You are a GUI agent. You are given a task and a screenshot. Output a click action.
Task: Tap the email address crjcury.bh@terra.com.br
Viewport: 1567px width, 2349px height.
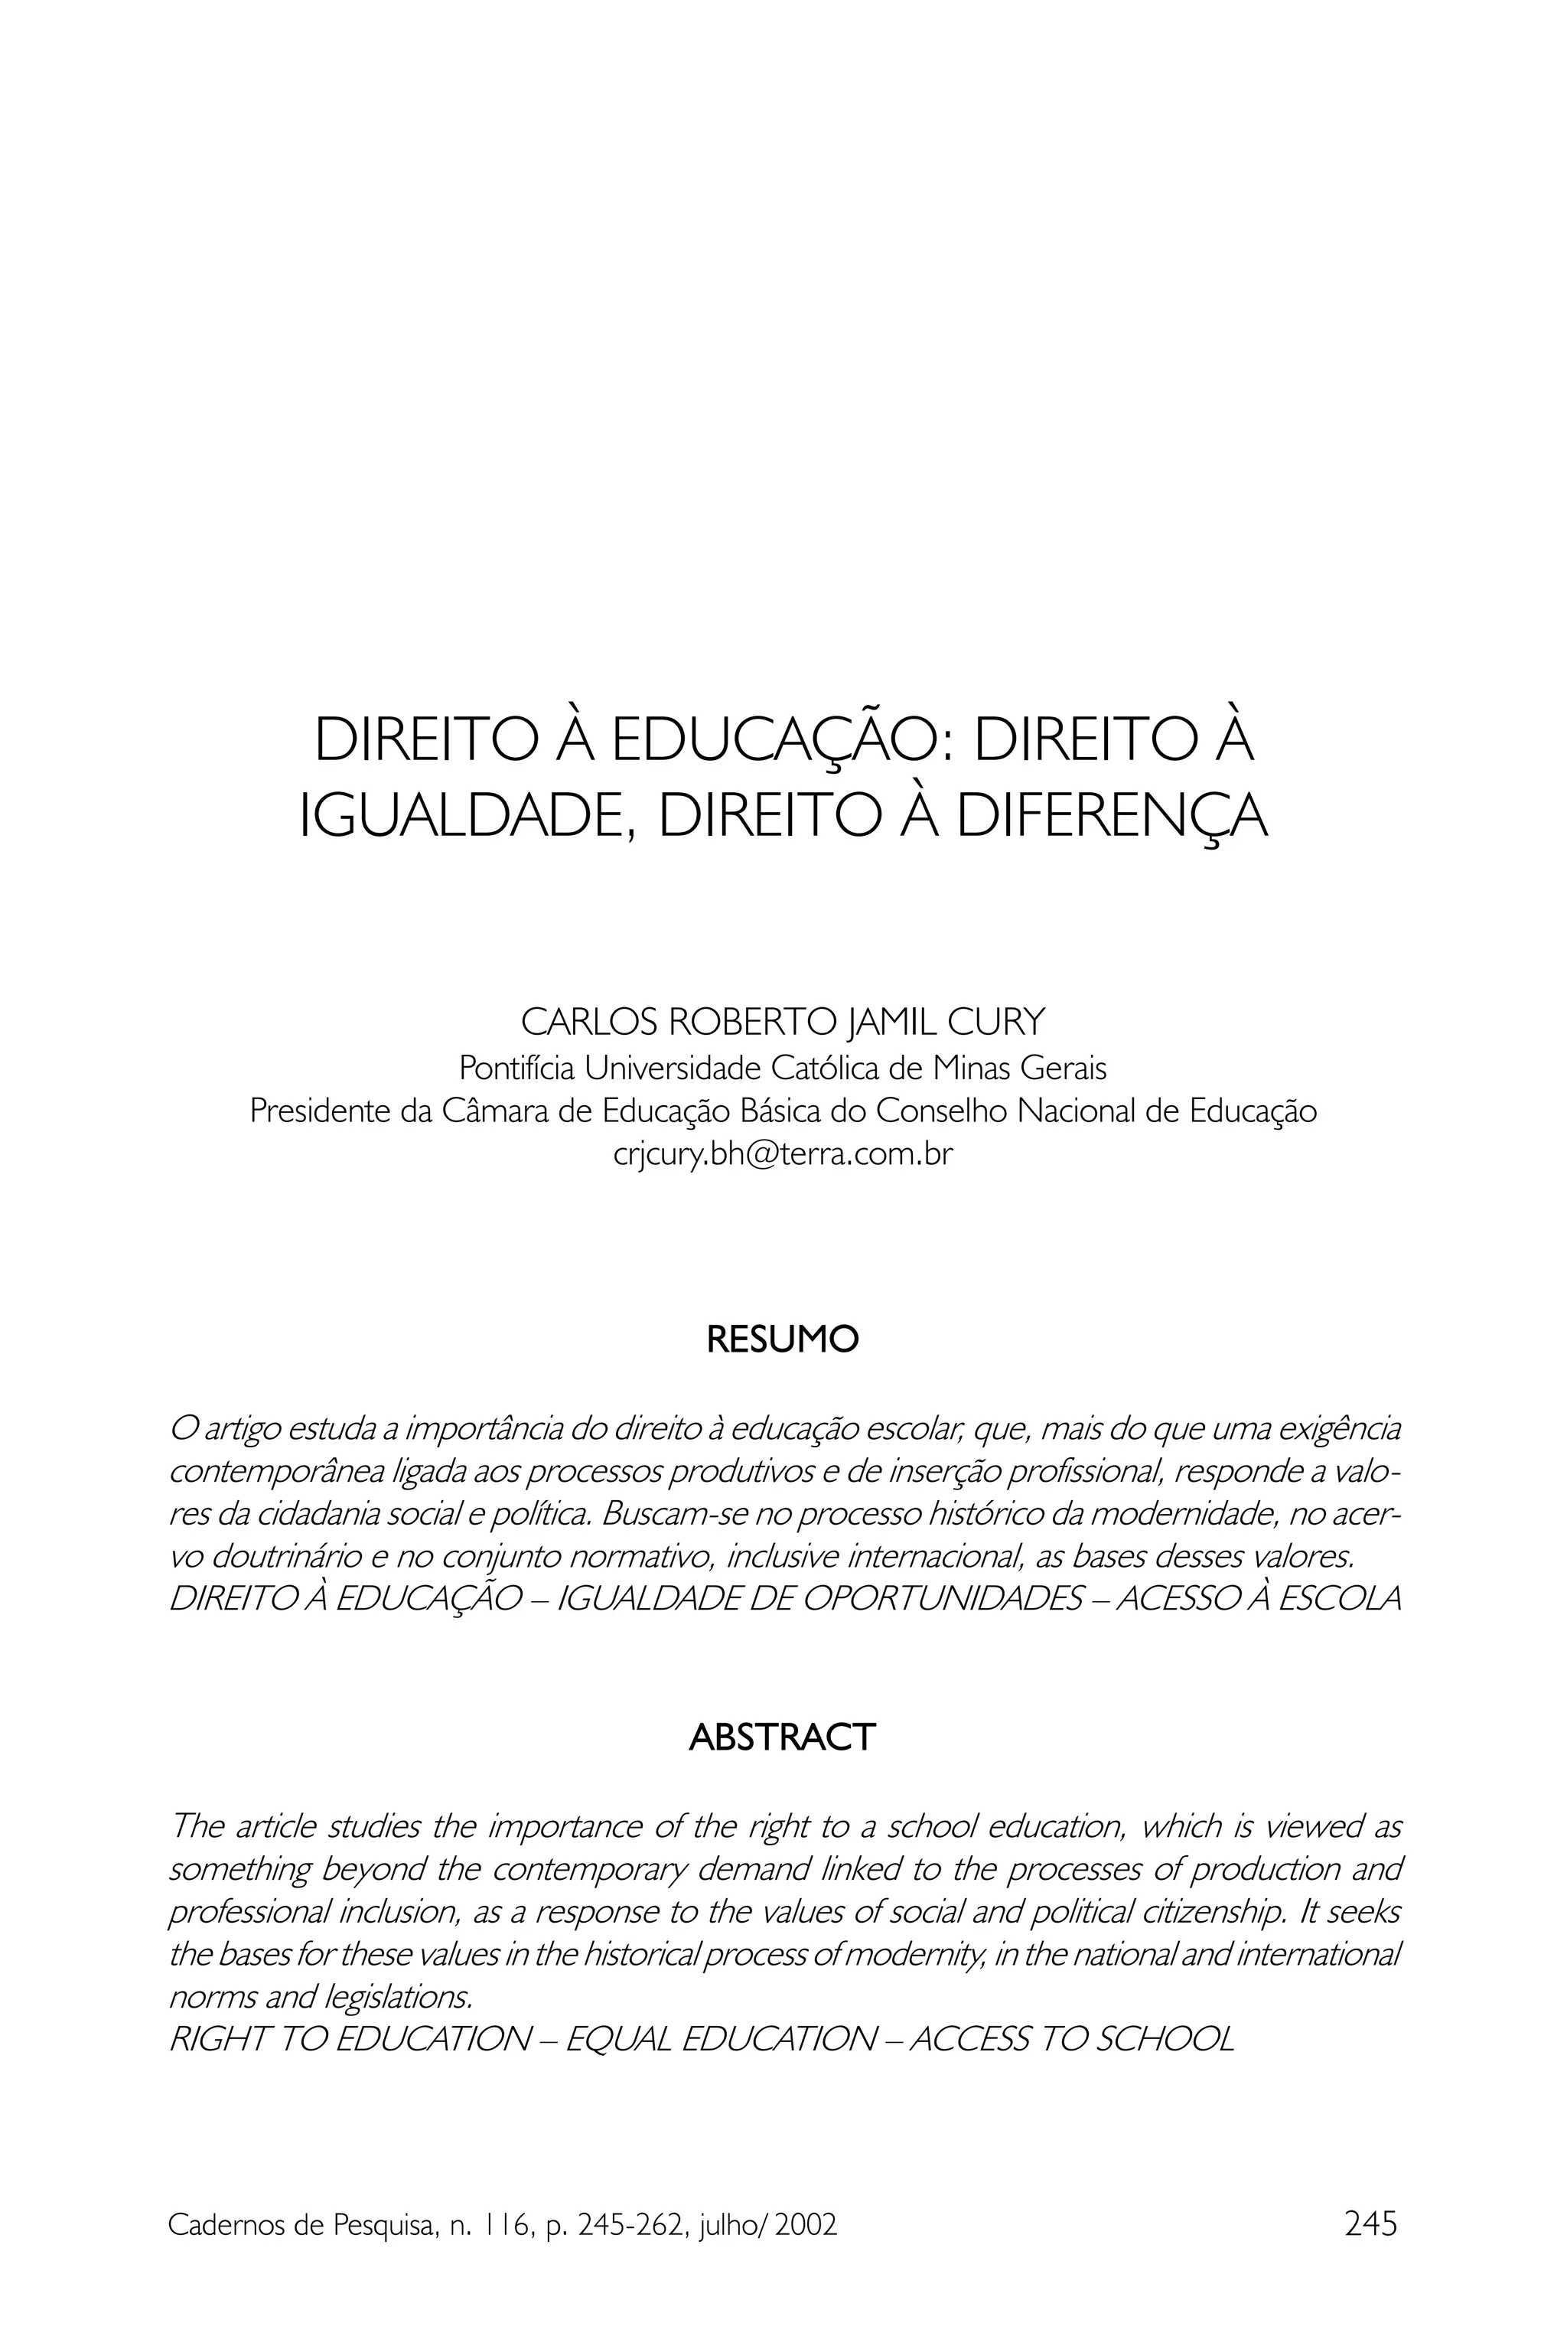point(783,1154)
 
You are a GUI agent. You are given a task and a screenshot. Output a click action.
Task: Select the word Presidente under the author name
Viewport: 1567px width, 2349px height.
point(321,1111)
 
